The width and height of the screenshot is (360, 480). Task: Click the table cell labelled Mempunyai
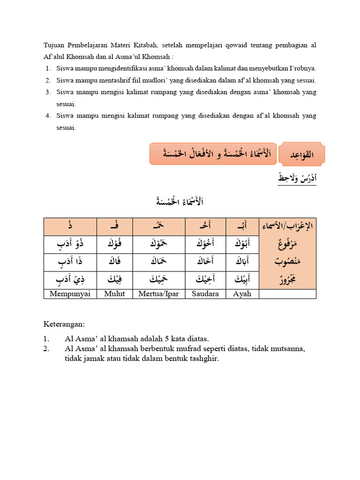pos(70,294)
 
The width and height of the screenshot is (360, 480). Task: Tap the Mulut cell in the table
pos(114,294)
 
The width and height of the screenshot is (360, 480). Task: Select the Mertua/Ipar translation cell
pos(159,294)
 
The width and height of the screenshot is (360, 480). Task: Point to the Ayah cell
pos(242,294)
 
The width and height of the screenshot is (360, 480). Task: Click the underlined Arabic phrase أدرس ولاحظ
pos(297,179)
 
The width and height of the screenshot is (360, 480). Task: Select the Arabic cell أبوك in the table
pos(242,245)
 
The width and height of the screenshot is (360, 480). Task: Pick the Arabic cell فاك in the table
pos(114,262)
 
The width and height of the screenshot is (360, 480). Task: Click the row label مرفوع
pos(287,245)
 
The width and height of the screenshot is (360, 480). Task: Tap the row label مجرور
pos(287,280)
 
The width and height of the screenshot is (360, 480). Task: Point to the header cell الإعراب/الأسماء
pos(287,227)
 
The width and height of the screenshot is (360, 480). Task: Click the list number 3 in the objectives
pos(48,92)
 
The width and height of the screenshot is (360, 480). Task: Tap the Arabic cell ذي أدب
pos(70,280)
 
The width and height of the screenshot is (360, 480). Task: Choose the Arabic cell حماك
pos(159,262)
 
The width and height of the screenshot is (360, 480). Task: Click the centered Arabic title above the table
pos(180,202)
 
